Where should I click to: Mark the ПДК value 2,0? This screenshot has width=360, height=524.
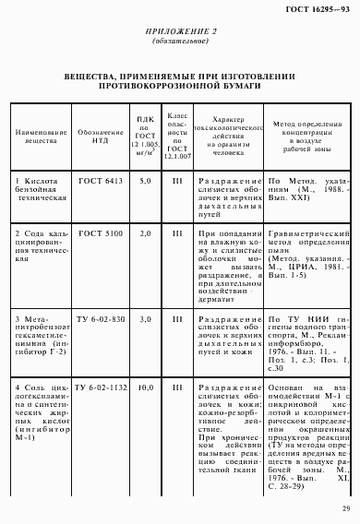[x=145, y=233]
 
